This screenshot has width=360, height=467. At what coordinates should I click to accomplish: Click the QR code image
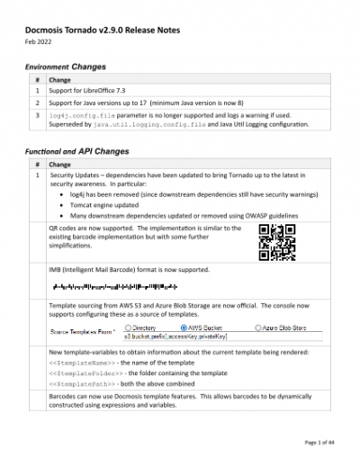277,242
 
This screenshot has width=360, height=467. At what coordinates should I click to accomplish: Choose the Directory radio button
128,330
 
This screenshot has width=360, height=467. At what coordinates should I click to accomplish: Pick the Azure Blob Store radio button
257,330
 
